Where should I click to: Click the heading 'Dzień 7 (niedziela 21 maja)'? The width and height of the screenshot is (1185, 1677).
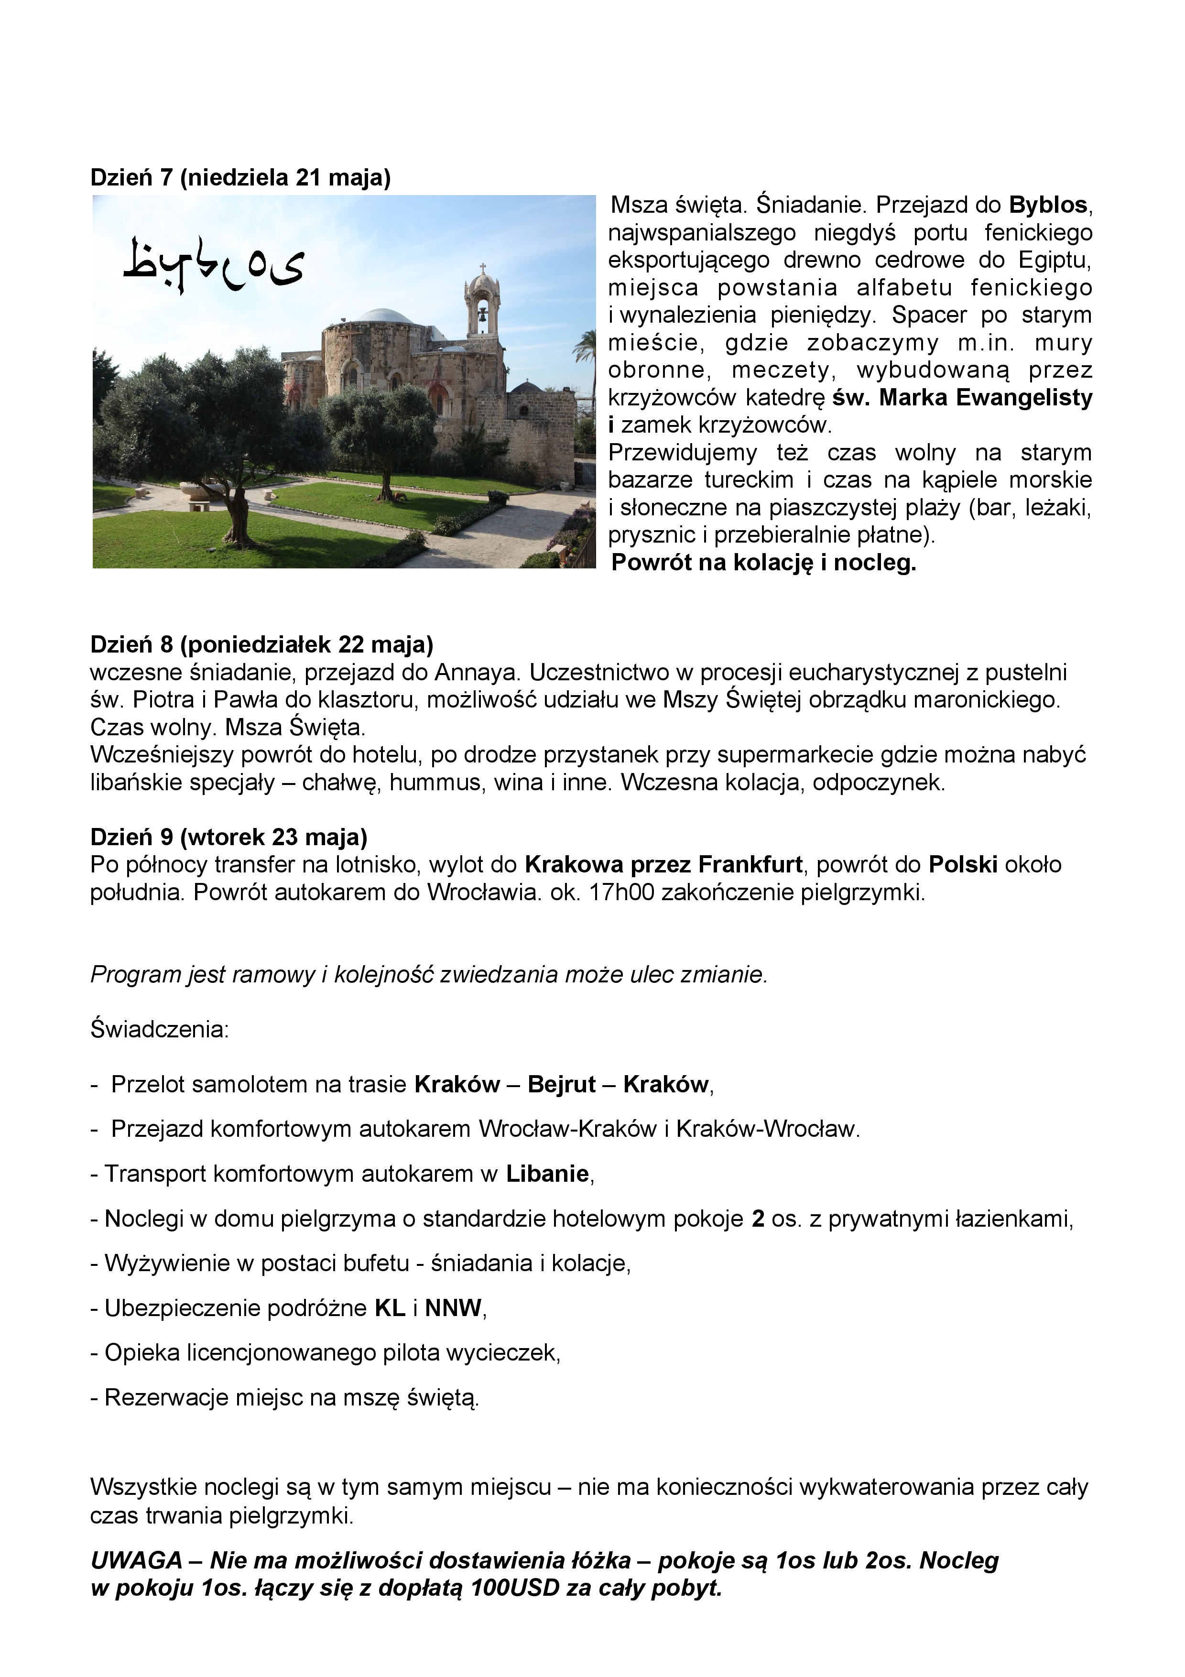pyautogui.click(x=240, y=177)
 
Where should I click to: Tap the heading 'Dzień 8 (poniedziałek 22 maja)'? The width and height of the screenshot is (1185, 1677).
pyautogui.click(x=261, y=644)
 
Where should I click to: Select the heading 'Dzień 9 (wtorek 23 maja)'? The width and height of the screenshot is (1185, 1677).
pyautogui.click(x=228, y=836)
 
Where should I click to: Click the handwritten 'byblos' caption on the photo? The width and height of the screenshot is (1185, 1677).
pyautogui.click(x=213, y=264)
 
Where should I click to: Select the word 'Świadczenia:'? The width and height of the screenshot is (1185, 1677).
pyautogui.click(x=160, y=1029)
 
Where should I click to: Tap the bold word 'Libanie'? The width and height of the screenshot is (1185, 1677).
pyautogui.click(x=548, y=1174)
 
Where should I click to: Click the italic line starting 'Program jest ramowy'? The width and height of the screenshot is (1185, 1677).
pyautogui.click(x=429, y=974)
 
